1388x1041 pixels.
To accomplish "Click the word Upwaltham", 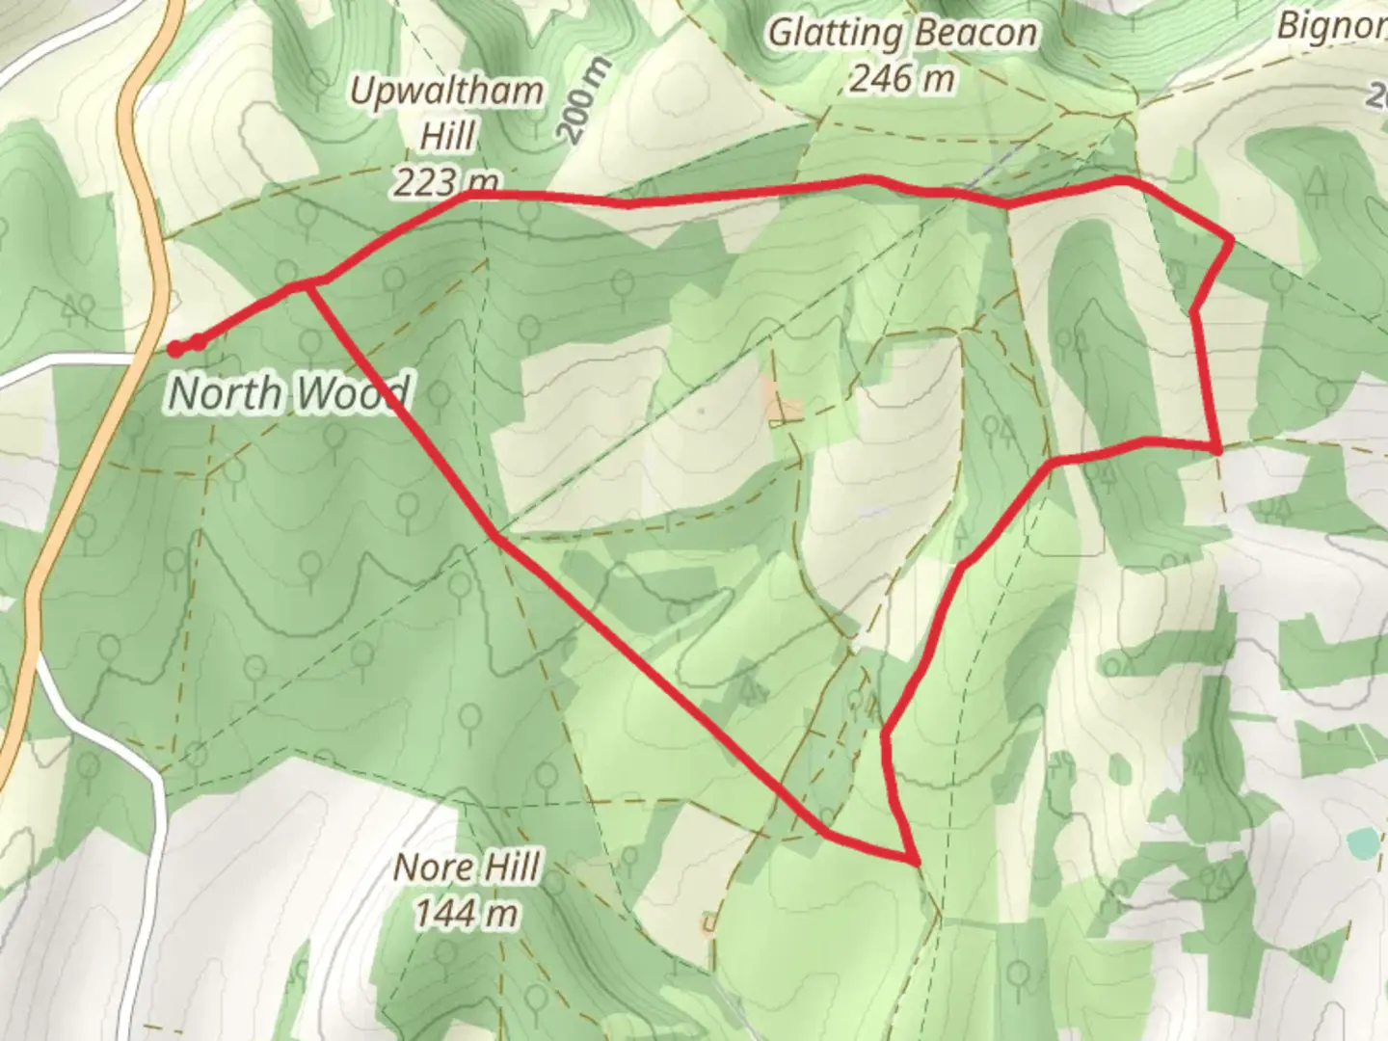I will tap(446, 93).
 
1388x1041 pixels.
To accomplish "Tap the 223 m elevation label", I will tap(446, 181).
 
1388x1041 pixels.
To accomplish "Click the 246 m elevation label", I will tap(902, 79).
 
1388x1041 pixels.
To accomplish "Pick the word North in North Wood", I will tap(226, 393).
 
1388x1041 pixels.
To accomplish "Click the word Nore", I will tap(430, 868).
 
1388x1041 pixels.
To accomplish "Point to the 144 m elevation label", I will tap(467, 913).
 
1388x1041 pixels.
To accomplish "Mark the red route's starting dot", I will tap(175, 348).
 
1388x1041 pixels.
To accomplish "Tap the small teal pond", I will tap(1362, 842).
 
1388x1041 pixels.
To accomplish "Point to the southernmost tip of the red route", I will tap(912, 859).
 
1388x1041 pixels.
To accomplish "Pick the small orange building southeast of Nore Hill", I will tap(709, 923).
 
